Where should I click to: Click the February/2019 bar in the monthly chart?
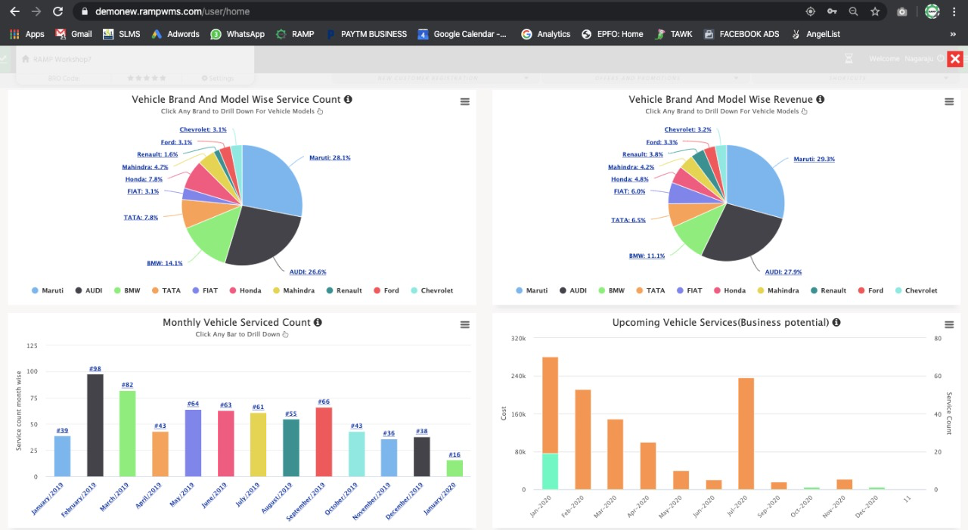[95, 425]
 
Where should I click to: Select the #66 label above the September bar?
[324, 401]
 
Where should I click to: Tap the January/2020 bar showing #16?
[455, 468]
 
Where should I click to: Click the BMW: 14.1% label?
[164, 263]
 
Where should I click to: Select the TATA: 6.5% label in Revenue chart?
[628, 220]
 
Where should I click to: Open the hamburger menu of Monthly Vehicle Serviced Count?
[465, 324]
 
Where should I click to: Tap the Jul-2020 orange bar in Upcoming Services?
[746, 433]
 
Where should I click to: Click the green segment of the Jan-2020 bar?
[550, 471]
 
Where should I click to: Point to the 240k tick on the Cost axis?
[518, 377]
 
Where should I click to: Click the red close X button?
[955, 59]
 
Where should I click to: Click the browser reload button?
[58, 11]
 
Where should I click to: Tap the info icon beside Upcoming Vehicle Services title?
[836, 323]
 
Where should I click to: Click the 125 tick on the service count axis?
[32, 346]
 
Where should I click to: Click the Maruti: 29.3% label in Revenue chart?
[814, 160]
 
